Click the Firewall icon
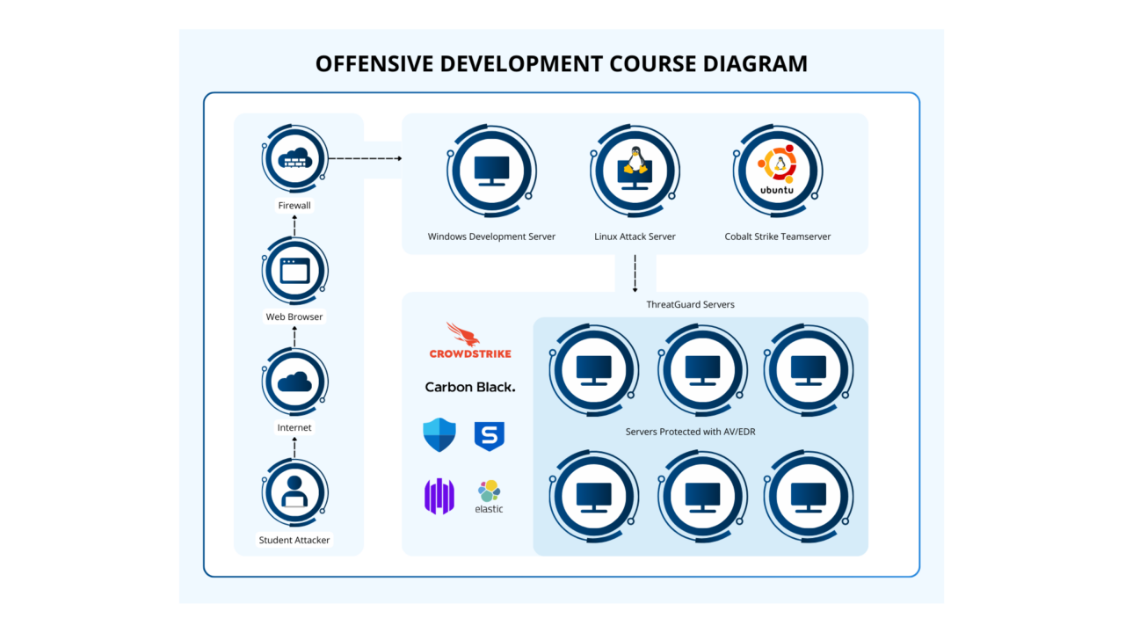pyautogui.click(x=294, y=158)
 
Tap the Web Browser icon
pyautogui.click(x=294, y=270)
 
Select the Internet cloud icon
pyautogui.click(x=294, y=382)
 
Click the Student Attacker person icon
pyautogui.click(x=294, y=492)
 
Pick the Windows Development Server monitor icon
pyautogui.click(x=491, y=170)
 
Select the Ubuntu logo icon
pyautogui.click(x=778, y=169)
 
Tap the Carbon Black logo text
pyautogui.click(x=470, y=387)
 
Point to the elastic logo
pyautogui.click(x=489, y=496)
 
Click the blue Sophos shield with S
pyautogui.click(x=489, y=435)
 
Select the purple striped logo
pyautogui.click(x=439, y=496)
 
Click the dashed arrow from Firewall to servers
pyautogui.click(x=364, y=158)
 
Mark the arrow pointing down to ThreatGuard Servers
pyautogui.click(x=635, y=273)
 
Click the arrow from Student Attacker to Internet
pyautogui.click(x=294, y=447)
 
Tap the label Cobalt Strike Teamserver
pyautogui.click(x=778, y=236)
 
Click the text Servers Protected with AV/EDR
pyautogui.click(x=700, y=432)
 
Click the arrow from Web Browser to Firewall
pyautogui.click(x=294, y=225)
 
